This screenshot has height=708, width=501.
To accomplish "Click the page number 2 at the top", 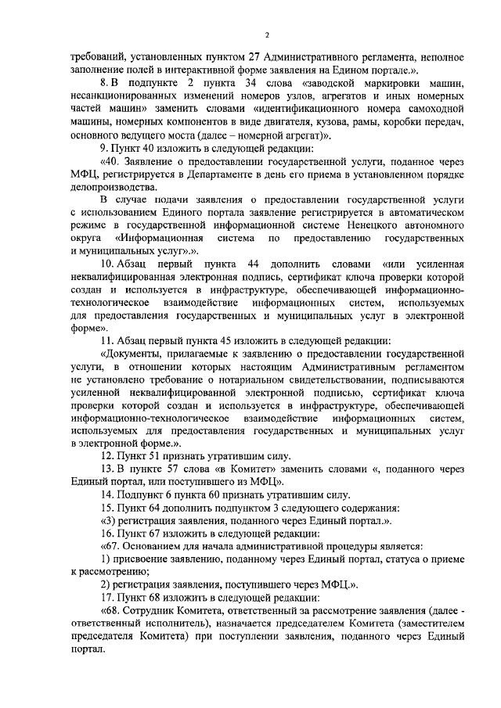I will tap(267, 35).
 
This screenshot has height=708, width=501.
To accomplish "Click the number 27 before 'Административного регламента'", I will tap(255, 57).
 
